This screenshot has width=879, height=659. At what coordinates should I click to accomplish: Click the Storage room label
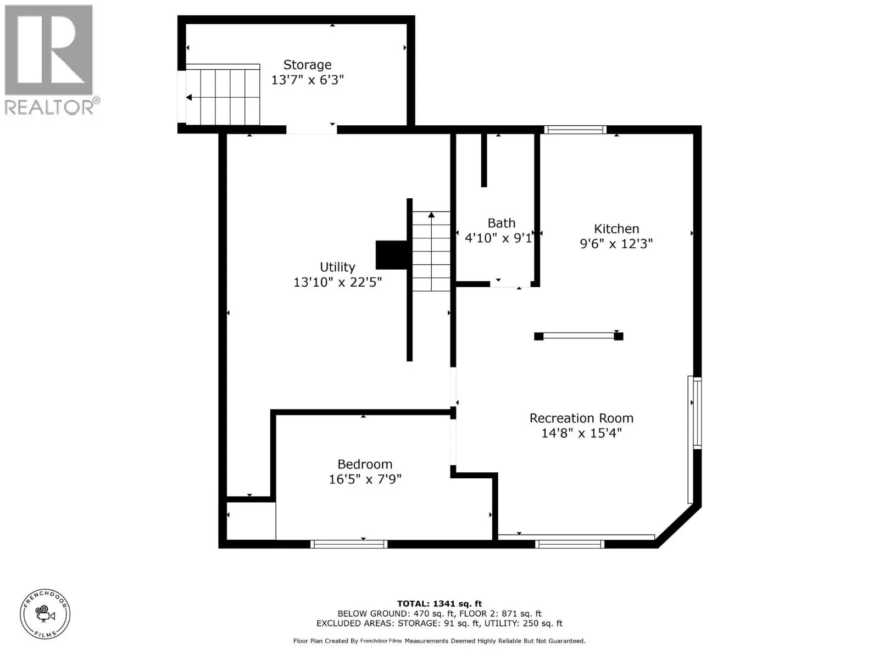[307, 65]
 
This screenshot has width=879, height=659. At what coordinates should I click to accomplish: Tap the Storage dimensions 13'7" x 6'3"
[308, 80]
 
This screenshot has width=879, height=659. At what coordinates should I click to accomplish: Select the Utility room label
[337, 267]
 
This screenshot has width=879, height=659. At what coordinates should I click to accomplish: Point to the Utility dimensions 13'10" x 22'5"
[337, 282]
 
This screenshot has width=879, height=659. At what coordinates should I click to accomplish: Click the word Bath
[502, 223]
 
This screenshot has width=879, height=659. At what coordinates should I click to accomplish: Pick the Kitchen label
[616, 228]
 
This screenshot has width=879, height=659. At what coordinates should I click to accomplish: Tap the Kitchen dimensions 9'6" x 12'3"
[616, 244]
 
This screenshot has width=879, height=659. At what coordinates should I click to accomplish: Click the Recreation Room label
[581, 418]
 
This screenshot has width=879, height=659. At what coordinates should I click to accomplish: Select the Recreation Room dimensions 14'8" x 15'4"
[581, 433]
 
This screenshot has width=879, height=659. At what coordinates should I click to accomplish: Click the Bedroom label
[365, 464]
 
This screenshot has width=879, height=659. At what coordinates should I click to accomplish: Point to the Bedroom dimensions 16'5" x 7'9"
[365, 479]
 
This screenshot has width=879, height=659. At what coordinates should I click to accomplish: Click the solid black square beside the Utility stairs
[391, 255]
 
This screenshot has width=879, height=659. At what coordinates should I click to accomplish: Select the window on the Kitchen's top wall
[575, 130]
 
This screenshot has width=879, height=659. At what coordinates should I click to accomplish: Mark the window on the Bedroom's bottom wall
[349, 544]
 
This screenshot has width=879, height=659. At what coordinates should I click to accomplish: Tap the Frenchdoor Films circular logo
[45, 614]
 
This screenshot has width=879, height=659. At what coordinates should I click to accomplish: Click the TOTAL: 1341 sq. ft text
[439, 604]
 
